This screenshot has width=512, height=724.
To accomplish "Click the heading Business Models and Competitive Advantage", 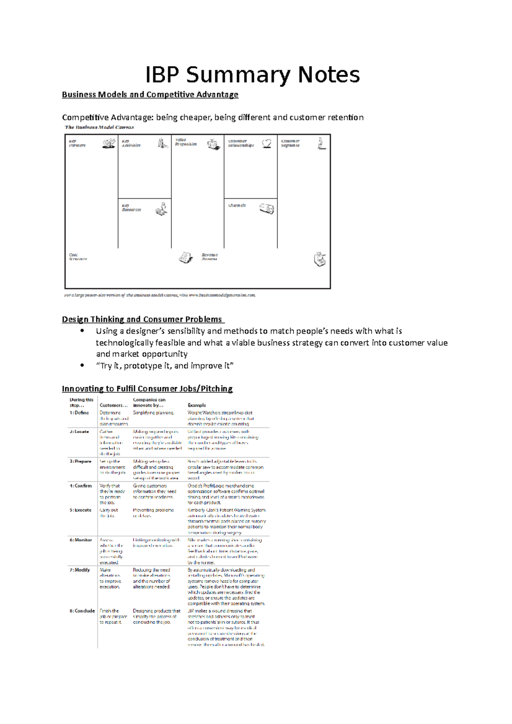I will click(150, 95).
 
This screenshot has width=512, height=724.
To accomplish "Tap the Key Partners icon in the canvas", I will click(109, 144).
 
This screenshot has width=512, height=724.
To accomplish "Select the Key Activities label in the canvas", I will click(131, 143).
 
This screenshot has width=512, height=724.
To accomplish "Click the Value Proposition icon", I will click(213, 144).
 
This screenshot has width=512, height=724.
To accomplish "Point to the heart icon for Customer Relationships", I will click(267, 143).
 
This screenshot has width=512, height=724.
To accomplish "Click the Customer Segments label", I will click(290, 143).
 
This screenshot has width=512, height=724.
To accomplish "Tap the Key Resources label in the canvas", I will click(131, 208).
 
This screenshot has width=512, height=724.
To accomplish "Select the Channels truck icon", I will click(267, 209).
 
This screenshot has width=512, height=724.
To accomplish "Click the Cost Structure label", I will click(78, 257).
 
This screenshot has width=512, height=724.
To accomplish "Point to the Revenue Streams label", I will click(209, 257).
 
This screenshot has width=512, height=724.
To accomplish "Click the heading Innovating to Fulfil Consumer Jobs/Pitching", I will click(147, 388).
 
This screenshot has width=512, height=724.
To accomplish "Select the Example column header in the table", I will click(197, 405).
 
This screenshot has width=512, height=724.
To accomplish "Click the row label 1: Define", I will click(79, 413).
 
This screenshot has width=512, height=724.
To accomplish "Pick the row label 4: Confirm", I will click(81, 486).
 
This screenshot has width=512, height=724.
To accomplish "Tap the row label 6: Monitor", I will click(81, 540).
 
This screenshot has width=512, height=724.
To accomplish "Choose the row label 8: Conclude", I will click(82, 611).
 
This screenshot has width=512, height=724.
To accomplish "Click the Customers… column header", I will click(111, 405).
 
